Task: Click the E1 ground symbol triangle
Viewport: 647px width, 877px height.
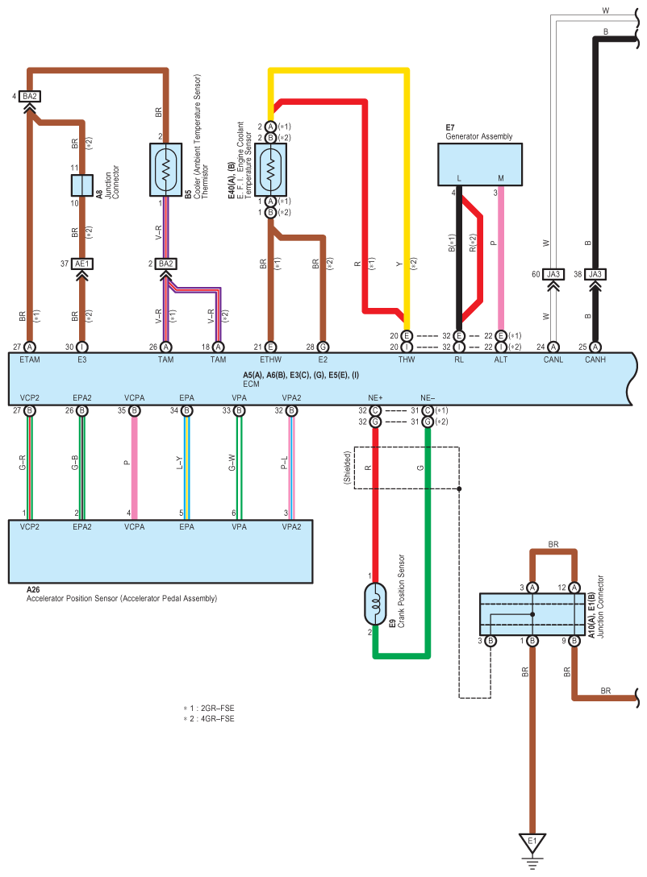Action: [532, 843]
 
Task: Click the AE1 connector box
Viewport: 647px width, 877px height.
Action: [81, 264]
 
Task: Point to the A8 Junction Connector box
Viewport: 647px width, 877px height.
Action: [81, 185]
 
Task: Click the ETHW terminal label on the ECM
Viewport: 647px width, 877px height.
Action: [269, 360]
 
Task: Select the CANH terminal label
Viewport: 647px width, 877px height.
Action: [595, 360]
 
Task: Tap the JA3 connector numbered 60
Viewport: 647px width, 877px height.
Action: [553, 274]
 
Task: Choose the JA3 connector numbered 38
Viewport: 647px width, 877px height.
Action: [595, 274]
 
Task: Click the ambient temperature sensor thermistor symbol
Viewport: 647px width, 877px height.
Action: [166, 170]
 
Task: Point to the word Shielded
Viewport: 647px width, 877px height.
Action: [347, 467]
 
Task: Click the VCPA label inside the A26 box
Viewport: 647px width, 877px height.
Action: [134, 526]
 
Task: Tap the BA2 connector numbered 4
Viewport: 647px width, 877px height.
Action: [30, 97]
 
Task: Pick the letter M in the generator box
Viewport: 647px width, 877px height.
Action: [501, 177]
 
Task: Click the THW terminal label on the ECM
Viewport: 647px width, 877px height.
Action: [407, 360]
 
